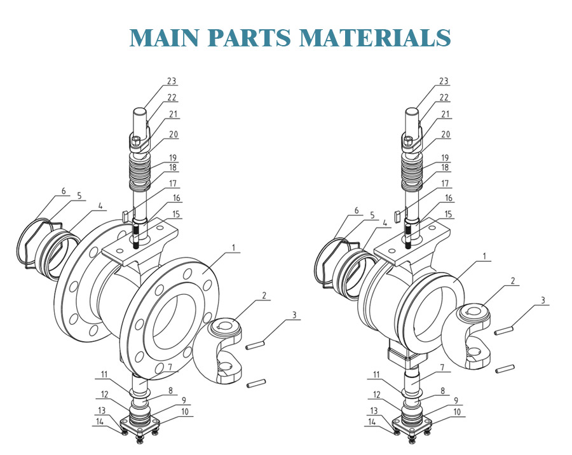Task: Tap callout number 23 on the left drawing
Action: pos(171,81)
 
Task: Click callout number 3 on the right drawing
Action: pos(543,300)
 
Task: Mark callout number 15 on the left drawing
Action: pos(177,214)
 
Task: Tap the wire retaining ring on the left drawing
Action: pos(29,241)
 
